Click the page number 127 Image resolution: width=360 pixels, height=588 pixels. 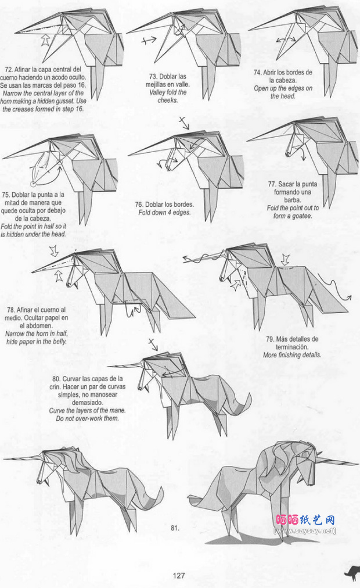[179, 575]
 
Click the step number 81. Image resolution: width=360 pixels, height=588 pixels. [175, 528]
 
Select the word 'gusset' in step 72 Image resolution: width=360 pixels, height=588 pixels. [64, 101]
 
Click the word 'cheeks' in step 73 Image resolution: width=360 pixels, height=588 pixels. [167, 100]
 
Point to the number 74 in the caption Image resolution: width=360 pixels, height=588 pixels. [257, 73]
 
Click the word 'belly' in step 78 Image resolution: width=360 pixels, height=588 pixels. [60, 342]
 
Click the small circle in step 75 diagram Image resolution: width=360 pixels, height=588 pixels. [33, 184]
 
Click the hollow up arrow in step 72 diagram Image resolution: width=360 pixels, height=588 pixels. [45, 40]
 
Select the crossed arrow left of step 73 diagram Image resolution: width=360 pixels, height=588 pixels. [149, 40]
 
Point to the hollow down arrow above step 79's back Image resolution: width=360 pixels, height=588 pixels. [285, 259]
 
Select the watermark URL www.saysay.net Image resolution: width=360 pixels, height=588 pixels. [305, 530]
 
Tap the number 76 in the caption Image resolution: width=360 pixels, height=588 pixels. [139, 205]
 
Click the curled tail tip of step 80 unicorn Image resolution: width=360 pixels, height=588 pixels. [249, 395]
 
